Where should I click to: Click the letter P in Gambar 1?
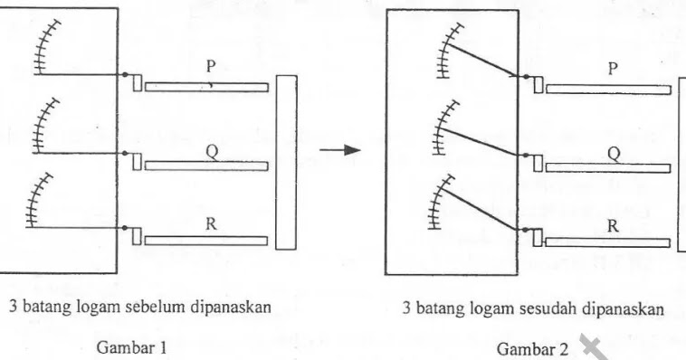click(210, 67)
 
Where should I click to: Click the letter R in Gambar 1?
click(211, 225)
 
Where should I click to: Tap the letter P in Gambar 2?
click(613, 69)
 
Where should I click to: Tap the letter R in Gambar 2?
click(613, 227)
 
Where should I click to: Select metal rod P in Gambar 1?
click(206, 87)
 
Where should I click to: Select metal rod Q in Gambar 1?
click(206, 166)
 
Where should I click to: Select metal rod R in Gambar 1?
click(206, 241)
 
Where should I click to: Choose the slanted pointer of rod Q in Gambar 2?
click(480, 140)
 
